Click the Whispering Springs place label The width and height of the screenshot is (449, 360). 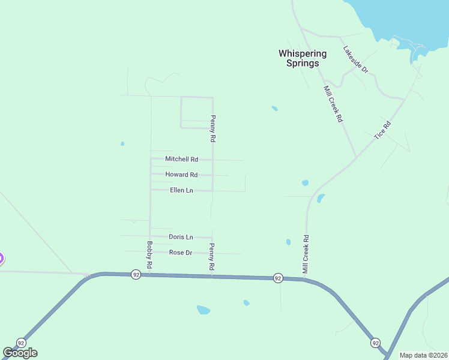tap(303, 58)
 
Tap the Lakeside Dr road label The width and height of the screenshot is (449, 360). tap(355, 60)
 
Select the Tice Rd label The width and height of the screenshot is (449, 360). tap(382, 130)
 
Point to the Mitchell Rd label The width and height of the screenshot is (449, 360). tap(181, 159)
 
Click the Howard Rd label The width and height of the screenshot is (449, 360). tap(181, 175)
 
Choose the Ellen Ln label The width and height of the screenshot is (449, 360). tap(181, 190)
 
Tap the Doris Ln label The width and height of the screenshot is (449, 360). tap(181, 237)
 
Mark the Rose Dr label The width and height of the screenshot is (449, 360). tap(180, 253)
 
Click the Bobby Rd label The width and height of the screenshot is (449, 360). tap(149, 254)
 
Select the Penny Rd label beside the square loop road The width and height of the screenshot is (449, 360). tap(212, 128)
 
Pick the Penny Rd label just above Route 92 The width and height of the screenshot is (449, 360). tap(211, 257)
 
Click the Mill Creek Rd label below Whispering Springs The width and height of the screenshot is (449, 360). tap(333, 104)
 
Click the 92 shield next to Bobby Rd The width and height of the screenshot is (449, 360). tap(136, 274)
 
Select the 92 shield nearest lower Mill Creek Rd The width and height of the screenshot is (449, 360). tap(277, 278)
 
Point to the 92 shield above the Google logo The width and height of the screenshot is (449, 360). tap(21, 343)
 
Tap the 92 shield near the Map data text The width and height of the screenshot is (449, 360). tap(375, 343)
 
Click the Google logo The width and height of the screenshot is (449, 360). tap(20, 353)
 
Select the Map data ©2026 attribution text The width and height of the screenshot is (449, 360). tap(423, 355)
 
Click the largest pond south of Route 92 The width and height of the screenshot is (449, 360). tap(203, 310)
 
